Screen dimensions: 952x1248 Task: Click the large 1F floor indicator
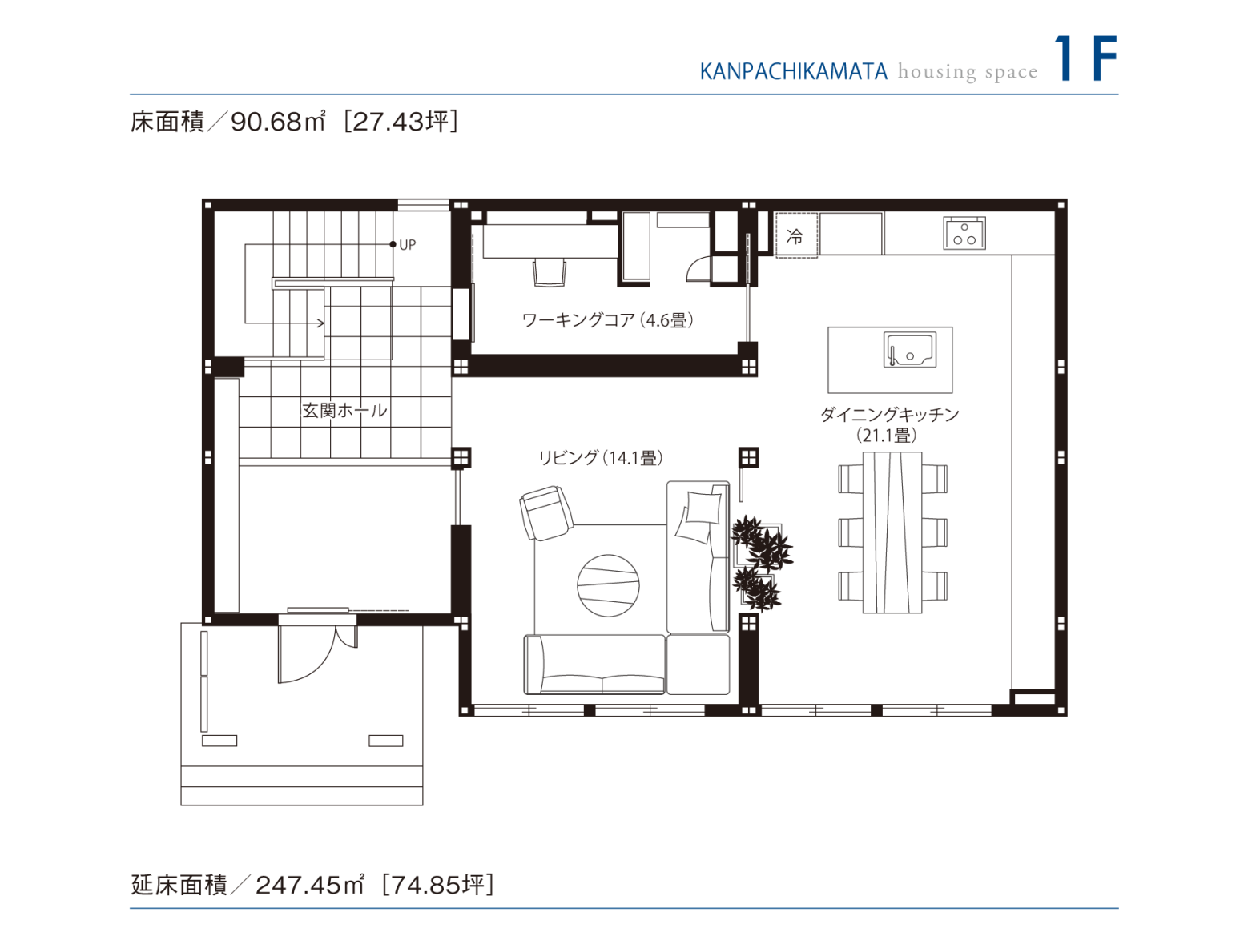[1085, 58]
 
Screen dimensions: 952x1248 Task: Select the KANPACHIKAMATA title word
[793, 72]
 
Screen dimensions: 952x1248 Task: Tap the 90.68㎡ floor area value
[277, 122]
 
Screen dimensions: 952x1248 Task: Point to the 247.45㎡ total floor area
[309, 885]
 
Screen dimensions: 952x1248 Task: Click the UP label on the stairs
[407, 245]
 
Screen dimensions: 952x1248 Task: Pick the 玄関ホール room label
[344, 411]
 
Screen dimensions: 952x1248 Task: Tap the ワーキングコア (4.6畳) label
[607, 320]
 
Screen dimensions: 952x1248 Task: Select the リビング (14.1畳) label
[600, 458]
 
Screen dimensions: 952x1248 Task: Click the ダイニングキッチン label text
[889, 415]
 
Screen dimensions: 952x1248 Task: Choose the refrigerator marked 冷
[795, 235]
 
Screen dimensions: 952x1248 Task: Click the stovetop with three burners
[964, 234]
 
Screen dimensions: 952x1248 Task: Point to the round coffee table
[608, 585]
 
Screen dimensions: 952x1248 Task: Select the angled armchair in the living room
[546, 512]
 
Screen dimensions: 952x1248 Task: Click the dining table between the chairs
[892, 532]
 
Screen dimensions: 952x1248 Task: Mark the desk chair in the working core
[550, 273]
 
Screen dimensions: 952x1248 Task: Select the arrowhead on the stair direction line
[321, 323]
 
